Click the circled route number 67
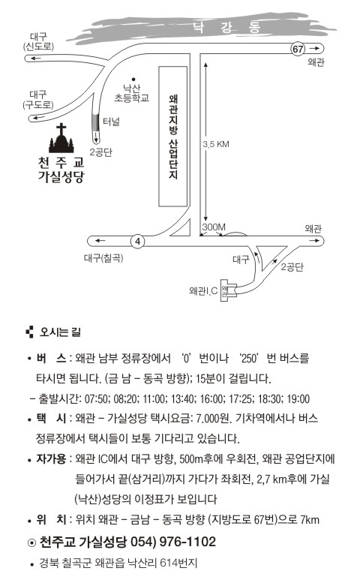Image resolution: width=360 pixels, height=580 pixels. pos(298,49)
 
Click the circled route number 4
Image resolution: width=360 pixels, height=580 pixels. pos(137,242)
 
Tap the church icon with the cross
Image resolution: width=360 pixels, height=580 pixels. pos(61,138)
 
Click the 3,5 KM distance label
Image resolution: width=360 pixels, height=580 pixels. pos(216,144)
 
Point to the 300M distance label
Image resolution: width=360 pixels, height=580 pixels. pos(214,227)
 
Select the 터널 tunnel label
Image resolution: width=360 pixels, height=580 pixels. pos(111,122)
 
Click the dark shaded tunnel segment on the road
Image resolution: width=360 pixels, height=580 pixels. pos(95,122)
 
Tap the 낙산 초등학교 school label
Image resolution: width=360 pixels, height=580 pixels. pos(131,93)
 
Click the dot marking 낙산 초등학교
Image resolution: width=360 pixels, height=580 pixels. pos(133,79)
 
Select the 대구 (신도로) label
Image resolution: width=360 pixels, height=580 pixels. pos(38,41)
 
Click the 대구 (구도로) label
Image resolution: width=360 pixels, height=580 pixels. pos(38,100)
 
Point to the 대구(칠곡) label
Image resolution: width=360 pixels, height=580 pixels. pos(103,258)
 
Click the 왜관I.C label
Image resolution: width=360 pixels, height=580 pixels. pos(203,290)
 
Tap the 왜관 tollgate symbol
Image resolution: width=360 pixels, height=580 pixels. pos(229,290)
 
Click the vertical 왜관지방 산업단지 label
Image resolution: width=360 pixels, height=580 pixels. pos(173,137)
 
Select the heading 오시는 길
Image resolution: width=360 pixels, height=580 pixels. pos(60,332)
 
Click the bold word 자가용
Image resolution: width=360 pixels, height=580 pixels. pos(51,459)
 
